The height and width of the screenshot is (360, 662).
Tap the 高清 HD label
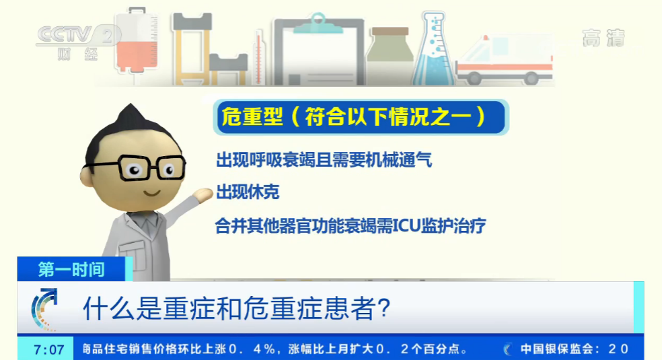pos(603,38)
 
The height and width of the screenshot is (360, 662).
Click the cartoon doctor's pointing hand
pos(203,196)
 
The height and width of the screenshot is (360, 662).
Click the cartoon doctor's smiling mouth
pos(152,191)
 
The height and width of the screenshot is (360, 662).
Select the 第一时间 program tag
pos(71,270)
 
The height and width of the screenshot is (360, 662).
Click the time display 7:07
pos(48,349)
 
